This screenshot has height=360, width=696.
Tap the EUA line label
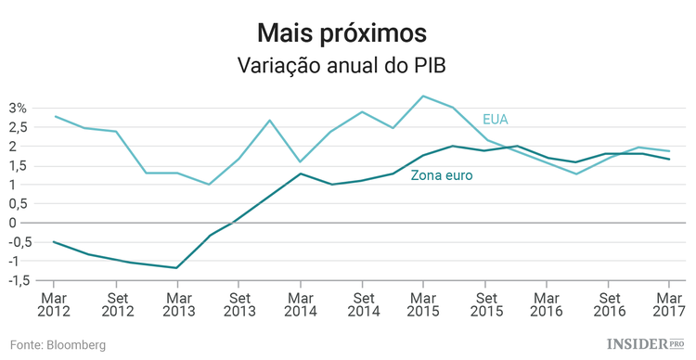[496, 119]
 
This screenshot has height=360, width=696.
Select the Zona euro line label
[442, 174]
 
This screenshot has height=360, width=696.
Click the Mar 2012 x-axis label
[53, 305]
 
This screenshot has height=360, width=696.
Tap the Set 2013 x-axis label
[238, 305]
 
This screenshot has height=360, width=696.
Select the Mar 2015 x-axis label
[422, 305]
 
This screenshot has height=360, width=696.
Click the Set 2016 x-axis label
[608, 305]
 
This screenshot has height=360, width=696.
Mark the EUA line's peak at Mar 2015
[422, 96]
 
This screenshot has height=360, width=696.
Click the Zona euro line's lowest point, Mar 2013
[176, 268]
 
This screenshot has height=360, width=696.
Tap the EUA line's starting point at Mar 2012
[54, 117]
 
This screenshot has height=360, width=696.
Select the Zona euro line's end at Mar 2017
[668, 159]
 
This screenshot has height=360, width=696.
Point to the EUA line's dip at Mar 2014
[300, 161]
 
